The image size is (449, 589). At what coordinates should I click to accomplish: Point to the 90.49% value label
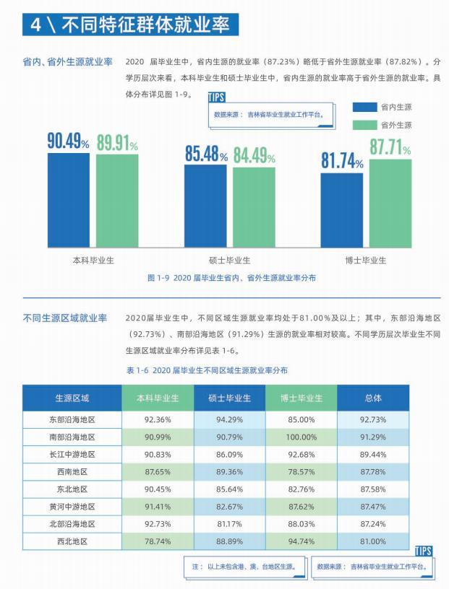tap(68, 142)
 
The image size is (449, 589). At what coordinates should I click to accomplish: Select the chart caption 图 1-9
tap(231, 278)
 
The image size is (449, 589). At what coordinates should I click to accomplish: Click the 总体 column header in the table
tap(372, 398)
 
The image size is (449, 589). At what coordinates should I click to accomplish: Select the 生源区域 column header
tap(72, 398)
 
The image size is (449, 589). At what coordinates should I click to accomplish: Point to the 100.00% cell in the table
tap(302, 437)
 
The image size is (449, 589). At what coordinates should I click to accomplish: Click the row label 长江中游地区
tap(72, 455)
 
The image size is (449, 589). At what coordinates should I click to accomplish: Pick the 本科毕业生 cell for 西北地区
tap(158, 541)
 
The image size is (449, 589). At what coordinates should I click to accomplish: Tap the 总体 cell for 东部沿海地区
tap(372, 419)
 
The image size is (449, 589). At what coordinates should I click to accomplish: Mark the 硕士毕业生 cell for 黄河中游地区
tap(229, 507)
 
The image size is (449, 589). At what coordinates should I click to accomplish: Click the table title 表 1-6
tap(207, 370)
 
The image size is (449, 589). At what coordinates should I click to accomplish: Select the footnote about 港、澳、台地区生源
tap(244, 567)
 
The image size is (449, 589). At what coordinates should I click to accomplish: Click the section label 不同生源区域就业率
tap(65, 318)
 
